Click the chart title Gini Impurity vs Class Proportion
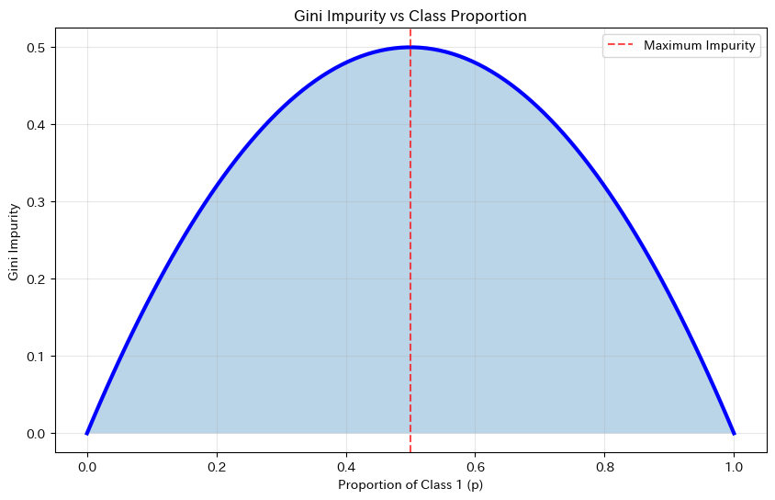click(x=410, y=16)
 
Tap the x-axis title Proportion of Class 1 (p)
click(x=410, y=484)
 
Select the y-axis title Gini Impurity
click(x=15, y=240)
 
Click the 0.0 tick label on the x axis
click(x=86, y=466)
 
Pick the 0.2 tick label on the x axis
click(x=216, y=466)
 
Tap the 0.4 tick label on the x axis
click(x=345, y=466)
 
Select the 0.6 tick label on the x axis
click(x=475, y=466)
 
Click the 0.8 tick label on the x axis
click(x=604, y=466)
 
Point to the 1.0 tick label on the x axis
click(x=734, y=466)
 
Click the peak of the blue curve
click(x=410, y=47)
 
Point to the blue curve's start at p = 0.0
click(x=86, y=433)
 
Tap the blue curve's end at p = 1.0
click(x=734, y=433)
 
